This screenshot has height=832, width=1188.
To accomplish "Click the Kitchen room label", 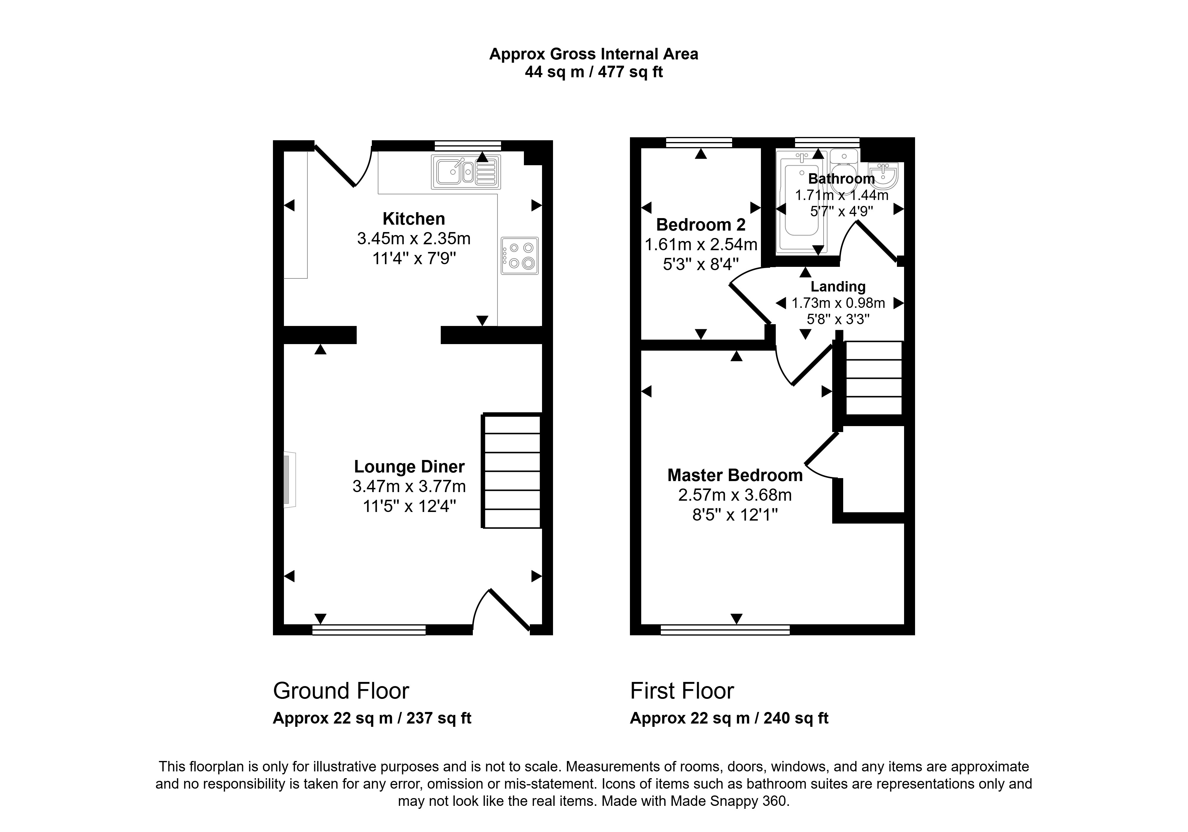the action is (x=413, y=219).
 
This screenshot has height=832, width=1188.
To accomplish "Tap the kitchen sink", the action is (x=466, y=171).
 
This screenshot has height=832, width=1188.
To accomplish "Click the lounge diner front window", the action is (x=369, y=630).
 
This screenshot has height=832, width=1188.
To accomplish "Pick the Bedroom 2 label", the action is (x=701, y=225).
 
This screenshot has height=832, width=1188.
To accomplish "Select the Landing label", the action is (x=838, y=286).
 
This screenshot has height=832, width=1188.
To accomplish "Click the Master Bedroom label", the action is (x=735, y=475).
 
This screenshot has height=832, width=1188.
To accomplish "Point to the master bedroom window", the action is (x=726, y=630).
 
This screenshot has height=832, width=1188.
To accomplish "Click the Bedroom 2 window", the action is (x=699, y=142).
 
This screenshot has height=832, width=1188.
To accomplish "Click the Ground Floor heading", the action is (x=341, y=691).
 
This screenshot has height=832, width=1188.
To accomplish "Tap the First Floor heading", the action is (x=682, y=691).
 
